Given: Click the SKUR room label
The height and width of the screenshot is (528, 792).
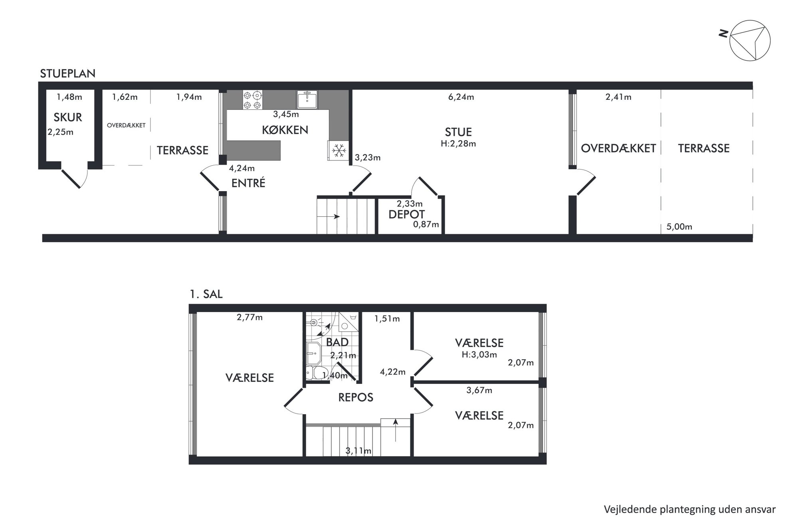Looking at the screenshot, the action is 68,117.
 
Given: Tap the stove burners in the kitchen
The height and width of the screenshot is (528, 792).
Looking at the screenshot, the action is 253,100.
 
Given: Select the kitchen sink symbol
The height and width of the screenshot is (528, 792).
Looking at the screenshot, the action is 307,99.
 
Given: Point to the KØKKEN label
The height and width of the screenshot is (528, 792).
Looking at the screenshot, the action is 285,130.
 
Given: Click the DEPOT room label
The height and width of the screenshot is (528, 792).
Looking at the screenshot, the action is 406,214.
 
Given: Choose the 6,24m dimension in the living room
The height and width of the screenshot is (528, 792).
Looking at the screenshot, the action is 461,97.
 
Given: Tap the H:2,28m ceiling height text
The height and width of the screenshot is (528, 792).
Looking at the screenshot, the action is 458,144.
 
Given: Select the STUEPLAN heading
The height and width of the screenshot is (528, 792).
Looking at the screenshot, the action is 68,74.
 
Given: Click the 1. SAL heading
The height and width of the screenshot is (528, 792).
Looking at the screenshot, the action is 206,295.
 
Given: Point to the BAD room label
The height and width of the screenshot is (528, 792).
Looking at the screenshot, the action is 337,342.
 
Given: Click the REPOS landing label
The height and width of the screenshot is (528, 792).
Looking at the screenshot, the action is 356,397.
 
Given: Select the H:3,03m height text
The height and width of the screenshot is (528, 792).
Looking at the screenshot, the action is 479,354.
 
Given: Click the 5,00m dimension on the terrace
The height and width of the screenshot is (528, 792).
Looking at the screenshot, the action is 679,227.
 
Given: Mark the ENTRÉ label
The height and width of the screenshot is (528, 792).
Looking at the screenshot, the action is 248,183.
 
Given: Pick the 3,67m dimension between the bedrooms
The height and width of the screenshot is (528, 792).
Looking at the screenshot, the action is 479,390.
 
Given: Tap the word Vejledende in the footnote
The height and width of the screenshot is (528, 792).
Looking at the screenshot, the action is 626,510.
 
